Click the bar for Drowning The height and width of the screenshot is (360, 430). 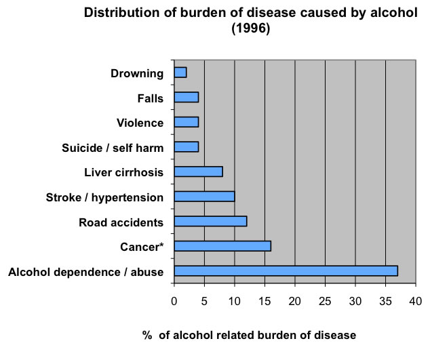point(180,73)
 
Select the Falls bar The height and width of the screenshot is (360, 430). point(187,98)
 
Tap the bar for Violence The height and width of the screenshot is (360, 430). point(187,122)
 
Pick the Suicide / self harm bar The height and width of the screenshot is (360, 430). point(187,146)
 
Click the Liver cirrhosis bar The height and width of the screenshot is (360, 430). point(199,172)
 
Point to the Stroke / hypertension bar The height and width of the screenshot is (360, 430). point(204,197)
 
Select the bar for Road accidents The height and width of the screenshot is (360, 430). point(210,221)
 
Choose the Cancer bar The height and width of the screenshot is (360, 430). point(222,246)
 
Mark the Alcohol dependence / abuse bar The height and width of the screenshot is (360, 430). point(286,271)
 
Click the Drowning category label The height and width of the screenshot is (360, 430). point(138,73)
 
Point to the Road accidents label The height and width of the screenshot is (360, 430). point(121,222)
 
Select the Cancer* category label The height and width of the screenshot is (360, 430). point(141,247)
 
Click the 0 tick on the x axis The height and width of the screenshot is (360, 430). point(174,300)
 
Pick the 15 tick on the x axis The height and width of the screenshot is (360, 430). point(265,300)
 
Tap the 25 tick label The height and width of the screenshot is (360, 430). point(325,300)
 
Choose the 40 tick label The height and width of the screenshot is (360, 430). point(415,300)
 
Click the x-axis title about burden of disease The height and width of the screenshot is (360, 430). point(250,335)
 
